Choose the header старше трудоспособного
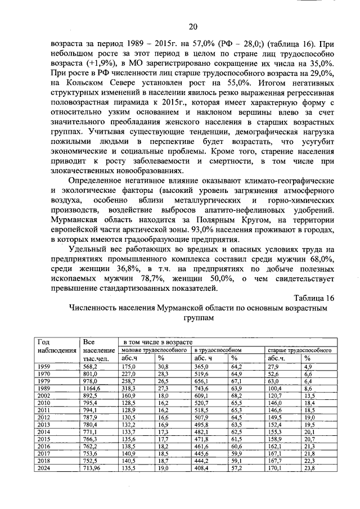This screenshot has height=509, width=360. [x=299, y=350]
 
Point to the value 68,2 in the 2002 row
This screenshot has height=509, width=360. [x=236, y=395]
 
